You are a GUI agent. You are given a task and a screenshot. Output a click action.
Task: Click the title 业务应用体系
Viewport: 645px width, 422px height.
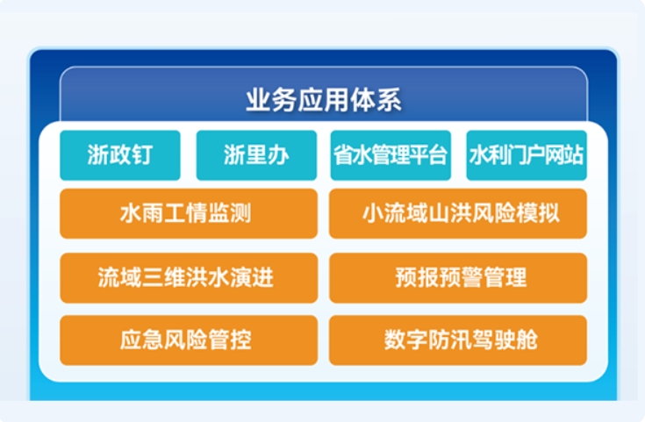[x=324, y=100]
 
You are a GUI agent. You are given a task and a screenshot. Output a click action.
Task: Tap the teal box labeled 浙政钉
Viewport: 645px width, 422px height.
[x=120, y=155]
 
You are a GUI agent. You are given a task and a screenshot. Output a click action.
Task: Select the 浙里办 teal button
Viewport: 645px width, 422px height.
[x=256, y=155]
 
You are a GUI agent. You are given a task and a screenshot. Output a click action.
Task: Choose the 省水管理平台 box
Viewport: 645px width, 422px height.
[x=391, y=155]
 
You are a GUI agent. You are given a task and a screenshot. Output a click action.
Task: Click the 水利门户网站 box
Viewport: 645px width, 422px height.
[x=527, y=155]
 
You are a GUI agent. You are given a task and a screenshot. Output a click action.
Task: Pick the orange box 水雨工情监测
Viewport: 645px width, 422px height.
[x=189, y=213]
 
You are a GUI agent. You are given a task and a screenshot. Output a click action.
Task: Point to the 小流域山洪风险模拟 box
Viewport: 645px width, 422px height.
[x=458, y=213]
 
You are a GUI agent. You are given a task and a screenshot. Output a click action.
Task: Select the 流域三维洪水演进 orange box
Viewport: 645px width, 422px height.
[x=189, y=278]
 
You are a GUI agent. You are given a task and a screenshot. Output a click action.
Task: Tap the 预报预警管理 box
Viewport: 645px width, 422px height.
[x=458, y=278]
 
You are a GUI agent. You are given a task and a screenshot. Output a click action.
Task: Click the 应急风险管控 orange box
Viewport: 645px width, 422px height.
[x=189, y=340]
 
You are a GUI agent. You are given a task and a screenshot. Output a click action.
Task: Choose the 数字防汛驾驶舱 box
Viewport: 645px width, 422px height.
[x=458, y=340]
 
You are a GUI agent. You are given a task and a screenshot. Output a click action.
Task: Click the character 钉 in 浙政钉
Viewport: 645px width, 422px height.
[x=142, y=155]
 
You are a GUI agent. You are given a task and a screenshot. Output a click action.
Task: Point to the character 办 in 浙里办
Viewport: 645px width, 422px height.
[x=278, y=155]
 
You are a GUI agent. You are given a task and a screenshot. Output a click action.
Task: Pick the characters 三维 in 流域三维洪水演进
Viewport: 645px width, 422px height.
[x=164, y=277]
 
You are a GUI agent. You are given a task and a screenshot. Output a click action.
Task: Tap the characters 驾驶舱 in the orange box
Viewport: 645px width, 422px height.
[x=505, y=340]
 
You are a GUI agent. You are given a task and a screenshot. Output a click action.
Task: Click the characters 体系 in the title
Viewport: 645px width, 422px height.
[x=376, y=100]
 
